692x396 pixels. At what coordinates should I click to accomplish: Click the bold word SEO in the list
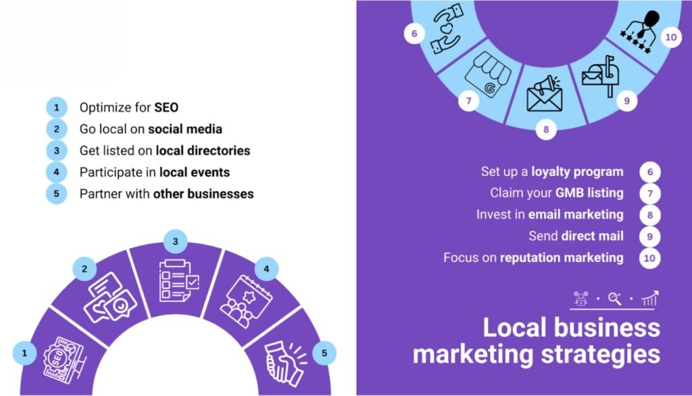(x=166, y=108)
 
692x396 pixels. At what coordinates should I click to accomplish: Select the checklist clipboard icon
(x=178, y=281)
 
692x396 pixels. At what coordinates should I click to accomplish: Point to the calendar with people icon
(x=245, y=301)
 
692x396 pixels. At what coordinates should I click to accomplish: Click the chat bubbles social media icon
(x=110, y=297)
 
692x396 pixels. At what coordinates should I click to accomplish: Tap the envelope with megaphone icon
(x=545, y=93)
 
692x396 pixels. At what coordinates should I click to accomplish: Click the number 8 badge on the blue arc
(x=546, y=129)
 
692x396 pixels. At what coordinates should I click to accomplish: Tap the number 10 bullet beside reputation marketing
(x=649, y=258)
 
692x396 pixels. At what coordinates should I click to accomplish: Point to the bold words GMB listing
(x=589, y=193)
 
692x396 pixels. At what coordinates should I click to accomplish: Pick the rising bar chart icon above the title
(x=650, y=299)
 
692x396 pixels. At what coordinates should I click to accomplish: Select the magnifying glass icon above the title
(x=615, y=299)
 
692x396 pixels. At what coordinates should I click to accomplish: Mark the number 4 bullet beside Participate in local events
(x=57, y=172)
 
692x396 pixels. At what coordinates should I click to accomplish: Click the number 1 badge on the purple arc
(x=24, y=353)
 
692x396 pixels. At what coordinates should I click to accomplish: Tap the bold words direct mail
(x=592, y=236)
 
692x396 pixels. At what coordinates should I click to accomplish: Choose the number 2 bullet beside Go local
(x=57, y=129)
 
